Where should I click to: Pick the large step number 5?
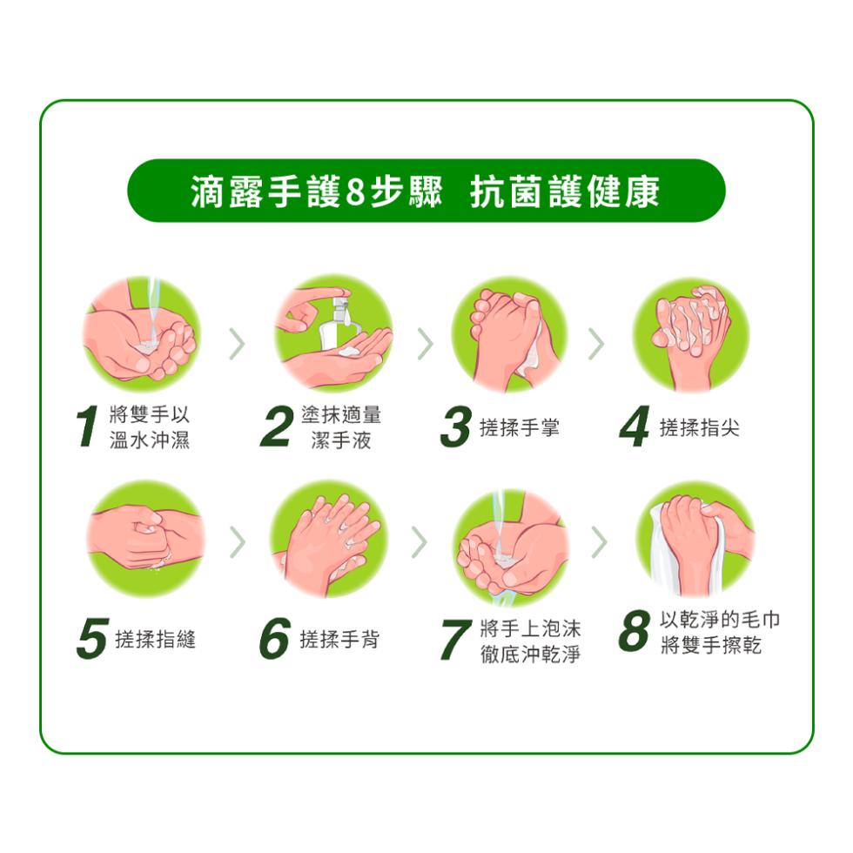91,640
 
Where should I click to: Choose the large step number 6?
274,640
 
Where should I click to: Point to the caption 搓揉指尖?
700,427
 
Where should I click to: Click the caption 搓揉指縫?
156,640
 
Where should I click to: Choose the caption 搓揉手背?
339,640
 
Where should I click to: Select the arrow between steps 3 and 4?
595,345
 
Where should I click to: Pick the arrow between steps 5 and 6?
237,542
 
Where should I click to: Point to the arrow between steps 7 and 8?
598,542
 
